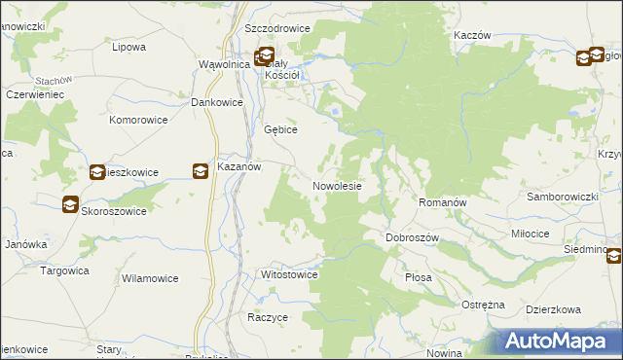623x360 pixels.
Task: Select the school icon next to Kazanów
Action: coord(200,171)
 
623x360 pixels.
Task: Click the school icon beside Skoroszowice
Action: coord(70,205)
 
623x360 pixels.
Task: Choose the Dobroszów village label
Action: coord(414,237)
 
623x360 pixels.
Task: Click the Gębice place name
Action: coord(280,129)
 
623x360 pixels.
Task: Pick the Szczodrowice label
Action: coord(277,28)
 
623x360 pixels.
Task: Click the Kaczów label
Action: coord(471,34)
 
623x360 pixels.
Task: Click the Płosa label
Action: coord(418,277)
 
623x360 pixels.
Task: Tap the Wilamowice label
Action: coord(149,278)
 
